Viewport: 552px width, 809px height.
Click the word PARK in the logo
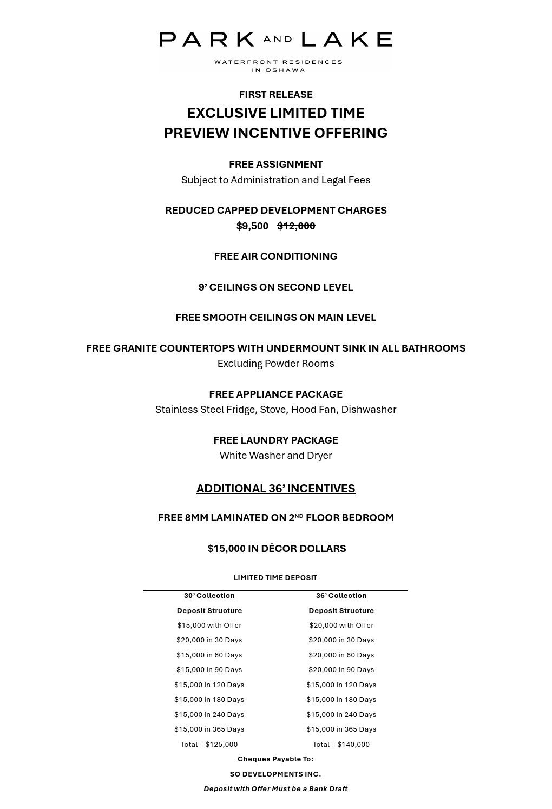point(207,40)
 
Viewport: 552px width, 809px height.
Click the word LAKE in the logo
point(346,40)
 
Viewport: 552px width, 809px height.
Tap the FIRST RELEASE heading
point(275,95)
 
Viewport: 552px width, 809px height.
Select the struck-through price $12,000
point(296,226)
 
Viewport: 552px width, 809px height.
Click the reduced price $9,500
point(252,226)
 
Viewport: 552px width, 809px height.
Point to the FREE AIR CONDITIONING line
point(275,256)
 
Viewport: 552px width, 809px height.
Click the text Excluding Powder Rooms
point(275,364)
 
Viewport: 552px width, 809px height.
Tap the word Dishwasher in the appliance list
point(369,410)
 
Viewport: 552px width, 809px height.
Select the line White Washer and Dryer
point(275,456)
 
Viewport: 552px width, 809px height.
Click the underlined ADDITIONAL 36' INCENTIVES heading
point(275,489)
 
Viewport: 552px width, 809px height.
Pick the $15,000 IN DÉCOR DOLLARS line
point(277,549)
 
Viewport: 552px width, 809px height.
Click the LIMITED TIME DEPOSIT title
point(275,578)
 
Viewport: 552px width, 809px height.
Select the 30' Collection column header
point(209,596)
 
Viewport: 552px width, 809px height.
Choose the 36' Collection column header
point(341,596)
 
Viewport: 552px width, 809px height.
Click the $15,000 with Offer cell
point(209,626)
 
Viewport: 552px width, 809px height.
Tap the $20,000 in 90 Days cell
point(341,670)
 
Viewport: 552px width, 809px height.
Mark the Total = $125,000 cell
point(209,745)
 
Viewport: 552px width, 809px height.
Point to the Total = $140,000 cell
point(341,745)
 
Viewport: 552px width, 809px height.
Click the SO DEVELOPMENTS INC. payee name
point(275,774)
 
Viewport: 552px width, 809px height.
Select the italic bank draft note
point(275,789)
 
